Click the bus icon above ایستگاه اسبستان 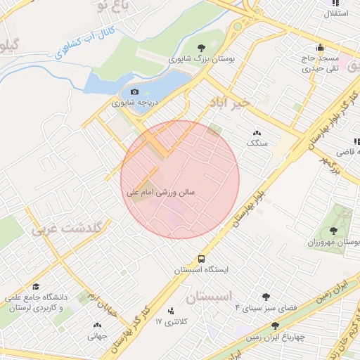pyautogui.click(x=202, y=259)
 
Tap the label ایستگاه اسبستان pyautogui.click(x=202, y=270)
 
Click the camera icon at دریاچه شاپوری pyautogui.click(x=134, y=91)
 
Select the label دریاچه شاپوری pyautogui.click(x=134, y=103)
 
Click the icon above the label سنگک pyautogui.click(x=256, y=132)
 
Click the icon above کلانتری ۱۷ pyautogui.click(x=170, y=311)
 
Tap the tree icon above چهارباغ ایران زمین pyautogui.click(x=275, y=326)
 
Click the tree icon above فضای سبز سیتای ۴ pyautogui.click(x=265, y=297)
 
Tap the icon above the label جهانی pyautogui.click(x=97, y=325)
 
